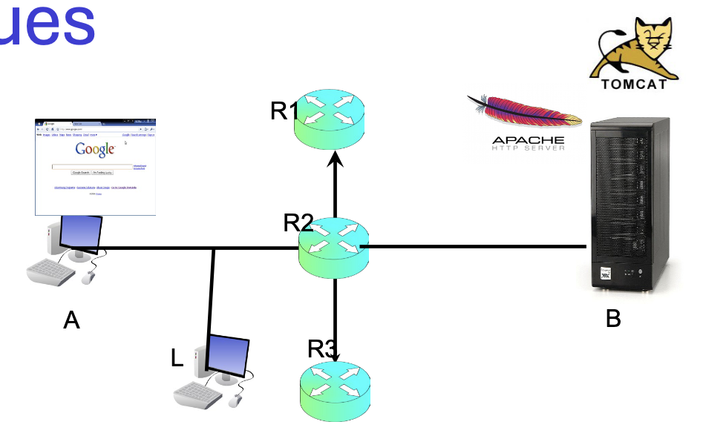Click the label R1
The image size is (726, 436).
pyautogui.click(x=285, y=111)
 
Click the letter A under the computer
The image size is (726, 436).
pyautogui.click(x=71, y=320)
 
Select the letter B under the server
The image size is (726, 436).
pyautogui.click(x=613, y=319)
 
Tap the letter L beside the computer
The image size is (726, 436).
pyautogui.click(x=177, y=359)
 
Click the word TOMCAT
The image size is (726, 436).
pyautogui.click(x=634, y=84)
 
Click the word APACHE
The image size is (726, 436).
pyautogui.click(x=528, y=139)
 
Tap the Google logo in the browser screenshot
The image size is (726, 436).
pyautogui.click(x=95, y=149)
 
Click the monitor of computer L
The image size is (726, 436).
pyautogui.click(x=227, y=354)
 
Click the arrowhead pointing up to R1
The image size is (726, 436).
pyautogui.click(x=336, y=158)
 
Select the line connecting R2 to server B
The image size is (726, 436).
pyautogui.click(x=475, y=245)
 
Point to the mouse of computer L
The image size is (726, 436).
pyautogui.click(x=235, y=400)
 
